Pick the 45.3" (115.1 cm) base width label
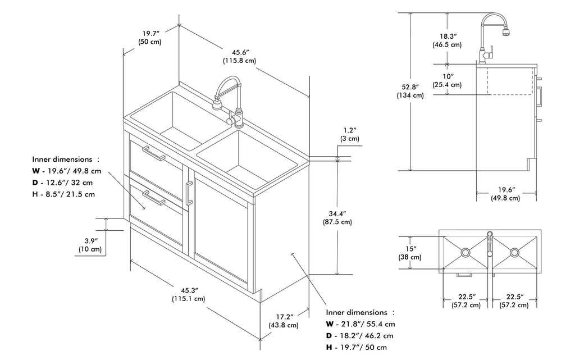tap(188, 294)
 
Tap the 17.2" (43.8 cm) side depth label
tap(284, 321)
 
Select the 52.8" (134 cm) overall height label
tap(409, 91)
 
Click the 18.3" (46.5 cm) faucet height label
tap(447, 39)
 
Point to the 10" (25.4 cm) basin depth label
tap(447, 80)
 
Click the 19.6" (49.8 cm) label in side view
tap(505, 194)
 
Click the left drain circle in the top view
tap(466, 253)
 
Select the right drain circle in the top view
tap(514, 253)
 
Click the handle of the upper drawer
tap(153, 153)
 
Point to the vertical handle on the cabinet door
tap(188, 194)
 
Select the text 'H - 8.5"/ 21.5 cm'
tap(63, 194)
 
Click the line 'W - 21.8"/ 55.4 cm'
tap(360, 324)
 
